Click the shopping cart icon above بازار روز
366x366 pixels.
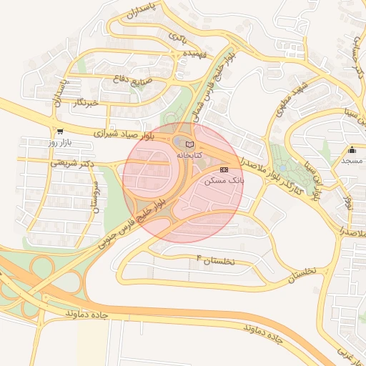click(59, 132)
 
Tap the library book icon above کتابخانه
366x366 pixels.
click(189, 144)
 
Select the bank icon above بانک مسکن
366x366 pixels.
click(224, 170)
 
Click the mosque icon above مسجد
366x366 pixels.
click(352, 150)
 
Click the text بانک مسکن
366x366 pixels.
click(224, 181)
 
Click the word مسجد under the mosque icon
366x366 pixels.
click(352, 162)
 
